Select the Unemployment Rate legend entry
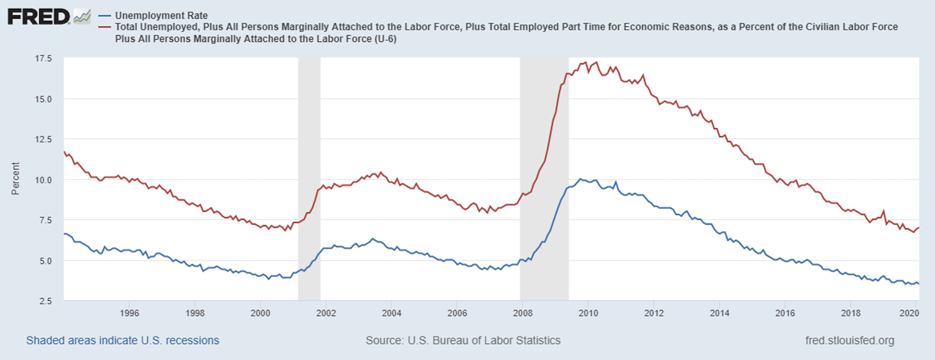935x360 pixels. [x=161, y=16]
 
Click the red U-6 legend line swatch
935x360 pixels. [x=105, y=27]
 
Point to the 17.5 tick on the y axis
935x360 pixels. [x=43, y=58]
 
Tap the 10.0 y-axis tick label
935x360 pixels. [x=43, y=180]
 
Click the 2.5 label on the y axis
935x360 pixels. [x=46, y=301]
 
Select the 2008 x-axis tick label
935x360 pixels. [x=522, y=313]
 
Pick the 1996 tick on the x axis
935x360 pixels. [x=129, y=313]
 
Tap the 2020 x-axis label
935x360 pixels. [x=909, y=313]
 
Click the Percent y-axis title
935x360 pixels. [x=16, y=178]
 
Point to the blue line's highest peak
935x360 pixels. [x=580, y=179]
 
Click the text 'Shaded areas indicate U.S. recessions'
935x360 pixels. [x=123, y=341]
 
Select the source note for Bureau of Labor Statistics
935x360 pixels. [x=463, y=341]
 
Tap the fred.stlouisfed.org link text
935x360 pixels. [x=850, y=341]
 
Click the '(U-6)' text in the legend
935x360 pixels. [x=385, y=39]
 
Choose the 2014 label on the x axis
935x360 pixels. [x=719, y=313]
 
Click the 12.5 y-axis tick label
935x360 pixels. [x=43, y=139]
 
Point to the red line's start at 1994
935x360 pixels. [x=64, y=152]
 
